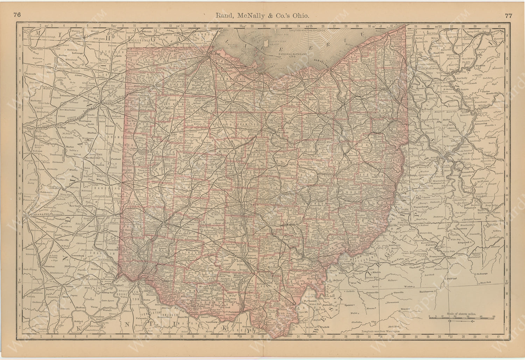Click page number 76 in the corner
(x=17, y=5)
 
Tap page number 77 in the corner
(x=509, y=5)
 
